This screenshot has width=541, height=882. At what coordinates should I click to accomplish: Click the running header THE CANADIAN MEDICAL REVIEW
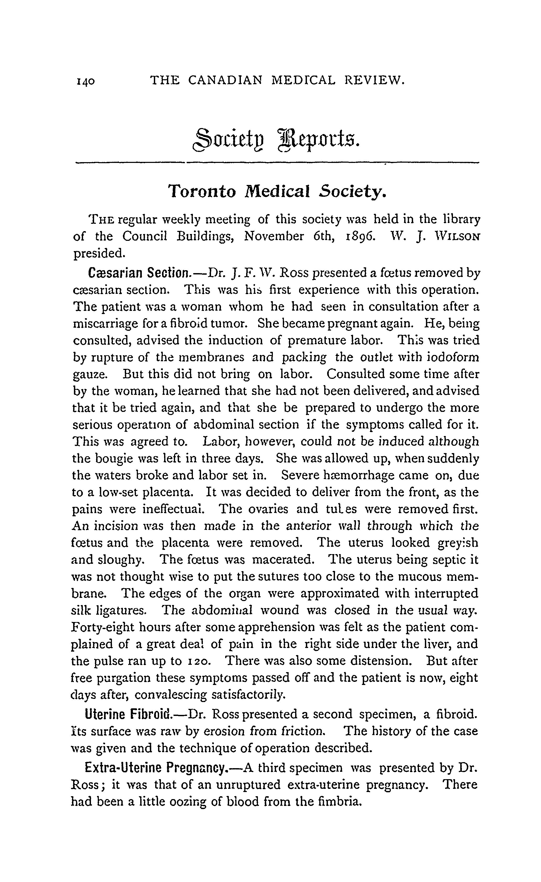277,80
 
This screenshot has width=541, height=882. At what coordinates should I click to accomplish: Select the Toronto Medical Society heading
277,192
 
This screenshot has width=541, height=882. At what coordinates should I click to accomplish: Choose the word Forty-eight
102,627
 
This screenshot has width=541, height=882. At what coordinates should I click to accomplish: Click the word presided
99,253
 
